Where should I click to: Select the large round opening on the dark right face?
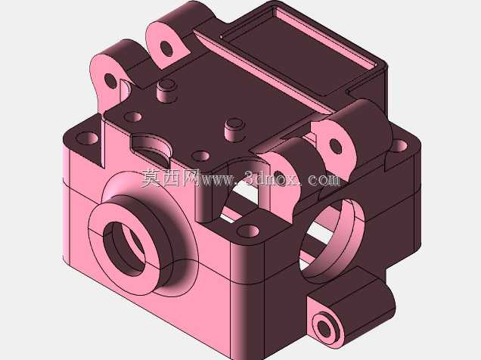(x=331, y=239)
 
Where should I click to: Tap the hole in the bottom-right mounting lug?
(x=324, y=329)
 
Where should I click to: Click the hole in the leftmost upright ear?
(x=110, y=81)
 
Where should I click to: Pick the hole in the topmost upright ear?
(x=166, y=48)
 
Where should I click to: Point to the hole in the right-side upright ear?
(x=335, y=147)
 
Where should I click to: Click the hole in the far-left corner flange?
(x=87, y=138)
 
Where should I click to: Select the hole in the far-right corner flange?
(x=399, y=146)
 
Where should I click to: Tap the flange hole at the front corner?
(x=248, y=231)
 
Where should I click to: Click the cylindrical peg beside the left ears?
(x=167, y=91)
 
